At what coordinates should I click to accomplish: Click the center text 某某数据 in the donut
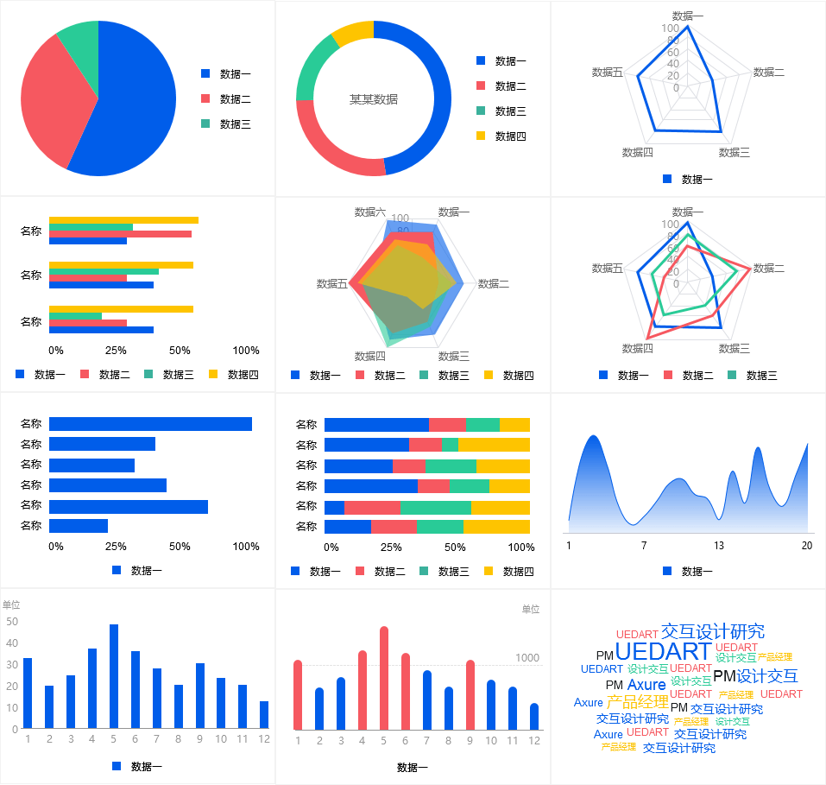tap(373, 99)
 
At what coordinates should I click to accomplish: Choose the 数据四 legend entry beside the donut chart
tap(510, 136)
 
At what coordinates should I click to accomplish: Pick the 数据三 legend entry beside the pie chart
tap(235, 124)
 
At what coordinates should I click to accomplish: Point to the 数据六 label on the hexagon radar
tap(370, 212)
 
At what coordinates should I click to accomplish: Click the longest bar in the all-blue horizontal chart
tap(150, 424)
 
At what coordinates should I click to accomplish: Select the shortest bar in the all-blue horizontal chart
tap(79, 525)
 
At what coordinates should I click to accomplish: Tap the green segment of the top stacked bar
tap(482, 425)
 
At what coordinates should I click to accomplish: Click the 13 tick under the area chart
tap(719, 546)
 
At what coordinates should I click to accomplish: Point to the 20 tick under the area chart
tap(807, 546)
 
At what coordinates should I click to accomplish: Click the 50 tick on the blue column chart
tap(12, 621)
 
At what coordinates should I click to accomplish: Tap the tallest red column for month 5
tap(384, 678)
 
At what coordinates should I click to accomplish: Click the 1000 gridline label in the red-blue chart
tap(527, 658)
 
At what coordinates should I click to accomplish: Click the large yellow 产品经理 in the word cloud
tap(637, 702)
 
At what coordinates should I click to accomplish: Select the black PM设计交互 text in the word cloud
tap(755, 676)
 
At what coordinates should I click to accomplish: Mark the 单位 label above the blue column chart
tap(11, 605)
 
